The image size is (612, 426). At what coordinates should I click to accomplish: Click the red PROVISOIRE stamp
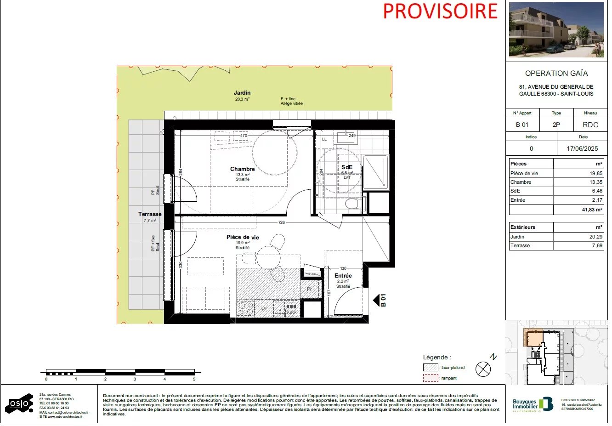coord(440,11)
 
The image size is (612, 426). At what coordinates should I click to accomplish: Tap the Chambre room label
coord(242,169)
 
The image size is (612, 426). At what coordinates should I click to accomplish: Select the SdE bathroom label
coord(347,167)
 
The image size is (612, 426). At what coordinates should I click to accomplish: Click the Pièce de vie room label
coord(243,237)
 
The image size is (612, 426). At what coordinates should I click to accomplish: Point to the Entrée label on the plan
coord(343,276)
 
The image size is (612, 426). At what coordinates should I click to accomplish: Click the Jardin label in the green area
coord(242,93)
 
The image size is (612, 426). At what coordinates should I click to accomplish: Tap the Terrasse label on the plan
coord(150,214)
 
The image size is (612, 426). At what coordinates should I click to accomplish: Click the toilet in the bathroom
coord(353,204)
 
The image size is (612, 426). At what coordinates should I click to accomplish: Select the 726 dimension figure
coord(282,222)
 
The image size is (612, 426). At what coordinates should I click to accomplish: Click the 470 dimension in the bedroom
coord(244,136)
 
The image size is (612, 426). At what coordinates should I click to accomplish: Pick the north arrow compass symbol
coord(483,369)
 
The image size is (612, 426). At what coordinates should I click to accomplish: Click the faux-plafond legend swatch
coord(431,368)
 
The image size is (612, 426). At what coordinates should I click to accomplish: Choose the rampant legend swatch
coord(431,378)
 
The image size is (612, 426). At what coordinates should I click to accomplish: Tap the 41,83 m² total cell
coord(592,210)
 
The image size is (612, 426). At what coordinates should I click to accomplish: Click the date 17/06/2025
coord(582,148)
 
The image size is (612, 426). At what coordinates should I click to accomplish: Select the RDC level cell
coord(590,125)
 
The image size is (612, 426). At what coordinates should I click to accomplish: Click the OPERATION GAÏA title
coord(556,73)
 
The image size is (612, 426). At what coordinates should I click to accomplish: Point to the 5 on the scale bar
coord(194,379)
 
